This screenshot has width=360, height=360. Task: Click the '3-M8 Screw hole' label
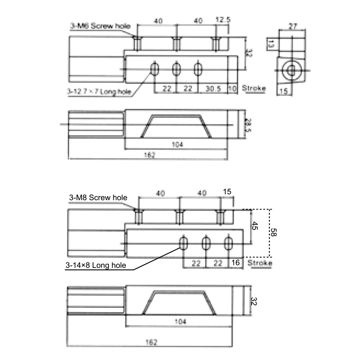pos(98,198)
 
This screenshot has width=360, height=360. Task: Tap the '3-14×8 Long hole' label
pos(96,266)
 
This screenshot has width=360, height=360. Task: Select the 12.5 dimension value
pos(222,20)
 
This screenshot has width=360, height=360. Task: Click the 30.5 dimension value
pos(214,89)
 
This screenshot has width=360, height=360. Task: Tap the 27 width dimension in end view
pos(292,26)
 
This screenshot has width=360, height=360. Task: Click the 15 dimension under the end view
pos(284,92)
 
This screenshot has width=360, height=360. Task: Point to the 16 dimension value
pos(236,264)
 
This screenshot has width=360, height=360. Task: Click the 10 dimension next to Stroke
pos(233,89)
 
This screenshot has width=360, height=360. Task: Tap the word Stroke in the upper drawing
pos(254,88)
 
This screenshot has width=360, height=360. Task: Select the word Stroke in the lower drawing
pos(260,263)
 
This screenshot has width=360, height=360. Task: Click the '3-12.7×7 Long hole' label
pos(99,92)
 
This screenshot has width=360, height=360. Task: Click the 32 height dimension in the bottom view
pos(254,301)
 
